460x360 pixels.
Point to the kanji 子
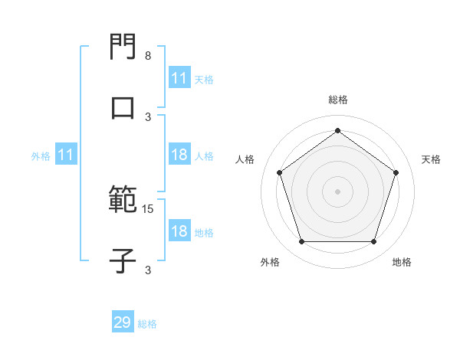click(123, 261)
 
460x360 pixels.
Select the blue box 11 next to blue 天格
click(179, 78)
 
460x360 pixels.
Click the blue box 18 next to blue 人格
click(179, 155)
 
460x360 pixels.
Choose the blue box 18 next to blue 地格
click(179, 231)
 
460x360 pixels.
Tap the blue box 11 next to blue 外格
click(66, 155)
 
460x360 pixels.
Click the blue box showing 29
click(123, 322)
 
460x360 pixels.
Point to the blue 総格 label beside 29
click(147, 324)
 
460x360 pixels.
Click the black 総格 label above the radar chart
click(338, 100)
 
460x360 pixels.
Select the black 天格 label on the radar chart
click(431, 159)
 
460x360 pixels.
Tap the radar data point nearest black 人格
click(280, 172)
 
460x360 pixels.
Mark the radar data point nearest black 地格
click(373, 242)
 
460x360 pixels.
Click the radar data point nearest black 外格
click(301, 242)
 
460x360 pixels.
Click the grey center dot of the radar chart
click(337, 191)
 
